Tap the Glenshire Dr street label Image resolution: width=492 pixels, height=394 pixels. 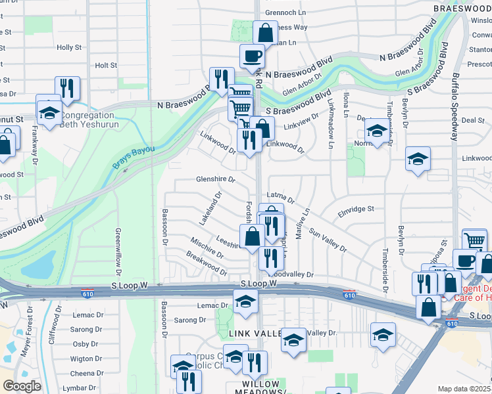coord(215,179)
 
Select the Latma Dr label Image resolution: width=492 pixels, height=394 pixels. coord(281,195)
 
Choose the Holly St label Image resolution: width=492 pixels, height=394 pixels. coord(69,48)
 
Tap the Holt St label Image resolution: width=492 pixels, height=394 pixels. coord(106,66)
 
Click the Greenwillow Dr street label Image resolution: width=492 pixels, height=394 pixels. coord(118,252)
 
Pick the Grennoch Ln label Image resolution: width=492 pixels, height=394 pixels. coord(285,12)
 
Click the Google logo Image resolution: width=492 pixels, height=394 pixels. coord(22,386)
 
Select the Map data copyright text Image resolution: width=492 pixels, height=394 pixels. coord(464,389)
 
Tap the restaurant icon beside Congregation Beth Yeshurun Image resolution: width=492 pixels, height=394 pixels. coord(67,88)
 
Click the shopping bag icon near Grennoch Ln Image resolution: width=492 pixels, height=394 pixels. coord(264,32)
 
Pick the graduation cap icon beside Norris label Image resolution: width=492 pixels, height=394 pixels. coord(376,131)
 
